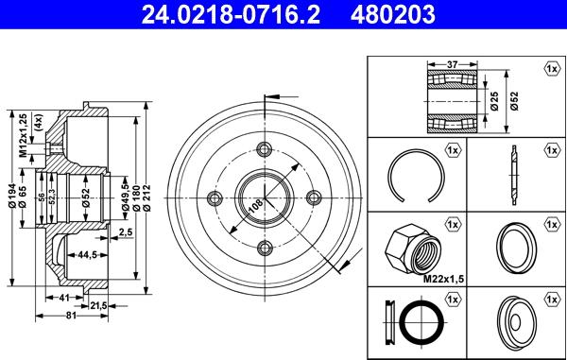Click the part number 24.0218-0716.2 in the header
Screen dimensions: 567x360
tap(231, 14)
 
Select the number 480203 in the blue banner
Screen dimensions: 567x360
tap(392, 14)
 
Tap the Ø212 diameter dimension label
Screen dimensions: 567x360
tap(146, 197)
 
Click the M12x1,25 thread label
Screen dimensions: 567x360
tap(23, 136)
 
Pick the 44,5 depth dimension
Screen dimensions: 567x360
tap(87, 255)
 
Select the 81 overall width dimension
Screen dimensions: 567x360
tap(71, 316)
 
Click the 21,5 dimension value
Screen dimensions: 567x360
tap(98, 306)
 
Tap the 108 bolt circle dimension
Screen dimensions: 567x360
tap(256, 206)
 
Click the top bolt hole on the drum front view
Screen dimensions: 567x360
tap(265, 148)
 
